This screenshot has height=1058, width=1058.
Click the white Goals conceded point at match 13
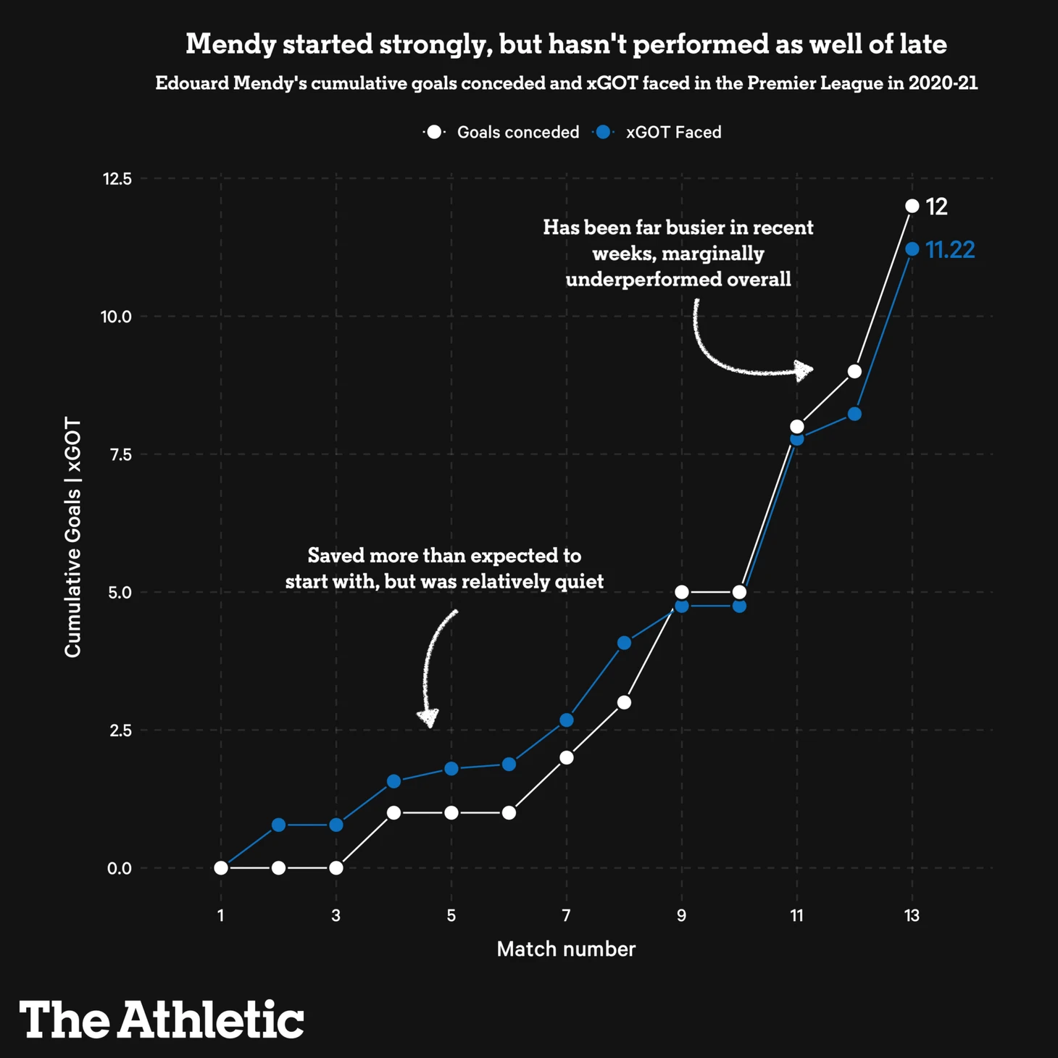912,207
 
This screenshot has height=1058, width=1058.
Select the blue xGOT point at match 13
912,249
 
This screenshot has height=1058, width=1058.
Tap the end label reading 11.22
950,250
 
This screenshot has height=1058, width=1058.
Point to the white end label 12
936,207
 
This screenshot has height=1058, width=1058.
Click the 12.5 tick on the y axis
117,178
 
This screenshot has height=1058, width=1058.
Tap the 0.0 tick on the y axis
120,868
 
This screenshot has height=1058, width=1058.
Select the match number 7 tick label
566,916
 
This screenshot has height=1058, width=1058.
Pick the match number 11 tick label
796,916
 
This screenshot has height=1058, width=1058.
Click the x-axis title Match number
566,949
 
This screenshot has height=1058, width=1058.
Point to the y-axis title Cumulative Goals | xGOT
73,538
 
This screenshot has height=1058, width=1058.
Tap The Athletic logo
162,1020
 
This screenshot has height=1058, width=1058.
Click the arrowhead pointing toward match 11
803,370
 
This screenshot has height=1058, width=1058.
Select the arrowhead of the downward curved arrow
428,718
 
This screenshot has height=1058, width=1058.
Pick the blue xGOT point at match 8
624,643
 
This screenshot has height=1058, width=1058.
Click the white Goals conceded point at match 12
854,372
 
